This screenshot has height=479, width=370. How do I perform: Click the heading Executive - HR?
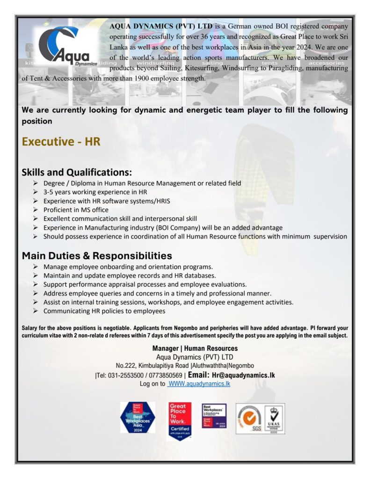61,141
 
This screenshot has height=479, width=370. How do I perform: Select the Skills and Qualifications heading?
77,172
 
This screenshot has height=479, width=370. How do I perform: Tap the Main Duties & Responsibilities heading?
97,256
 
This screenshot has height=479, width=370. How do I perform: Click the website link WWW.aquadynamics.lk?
199,384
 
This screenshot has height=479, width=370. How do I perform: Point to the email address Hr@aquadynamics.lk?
243,375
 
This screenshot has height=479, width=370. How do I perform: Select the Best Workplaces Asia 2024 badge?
138,417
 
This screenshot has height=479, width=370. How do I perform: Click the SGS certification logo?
250,418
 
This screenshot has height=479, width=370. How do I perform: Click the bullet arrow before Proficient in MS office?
36,210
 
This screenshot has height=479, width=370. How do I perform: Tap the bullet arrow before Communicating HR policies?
36,311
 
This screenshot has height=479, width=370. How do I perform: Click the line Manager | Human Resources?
195,348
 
